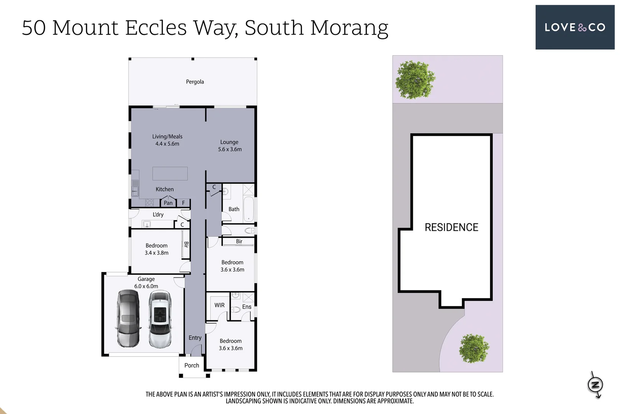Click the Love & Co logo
[x=575, y=27]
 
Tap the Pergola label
[x=195, y=82]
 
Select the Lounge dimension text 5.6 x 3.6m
[x=230, y=149]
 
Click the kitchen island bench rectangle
[x=170, y=174]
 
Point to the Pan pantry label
[x=168, y=203]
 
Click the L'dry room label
[x=158, y=214]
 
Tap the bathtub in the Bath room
[x=248, y=209]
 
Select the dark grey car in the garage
[x=128, y=319]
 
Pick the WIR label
[x=219, y=305]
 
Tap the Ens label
[x=246, y=307]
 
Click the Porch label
[x=192, y=365]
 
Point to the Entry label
[x=195, y=338]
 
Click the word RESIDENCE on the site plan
[x=451, y=227]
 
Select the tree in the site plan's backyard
[x=415, y=80]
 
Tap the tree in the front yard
[x=474, y=348]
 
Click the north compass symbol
[x=595, y=384]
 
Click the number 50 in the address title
[x=34, y=28]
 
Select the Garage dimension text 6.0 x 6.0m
[x=146, y=286]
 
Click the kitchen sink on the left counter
[x=135, y=190]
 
